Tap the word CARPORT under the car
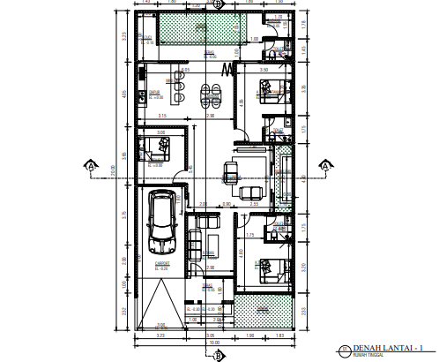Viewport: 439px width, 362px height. tap(160, 263)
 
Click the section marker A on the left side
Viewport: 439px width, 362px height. tap(91, 165)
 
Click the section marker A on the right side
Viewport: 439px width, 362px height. tap(324, 165)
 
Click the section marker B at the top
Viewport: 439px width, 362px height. tap(218, 4)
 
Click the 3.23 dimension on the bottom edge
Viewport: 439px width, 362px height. tap(160, 336)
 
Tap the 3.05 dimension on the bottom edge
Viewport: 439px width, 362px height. tap(209, 336)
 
